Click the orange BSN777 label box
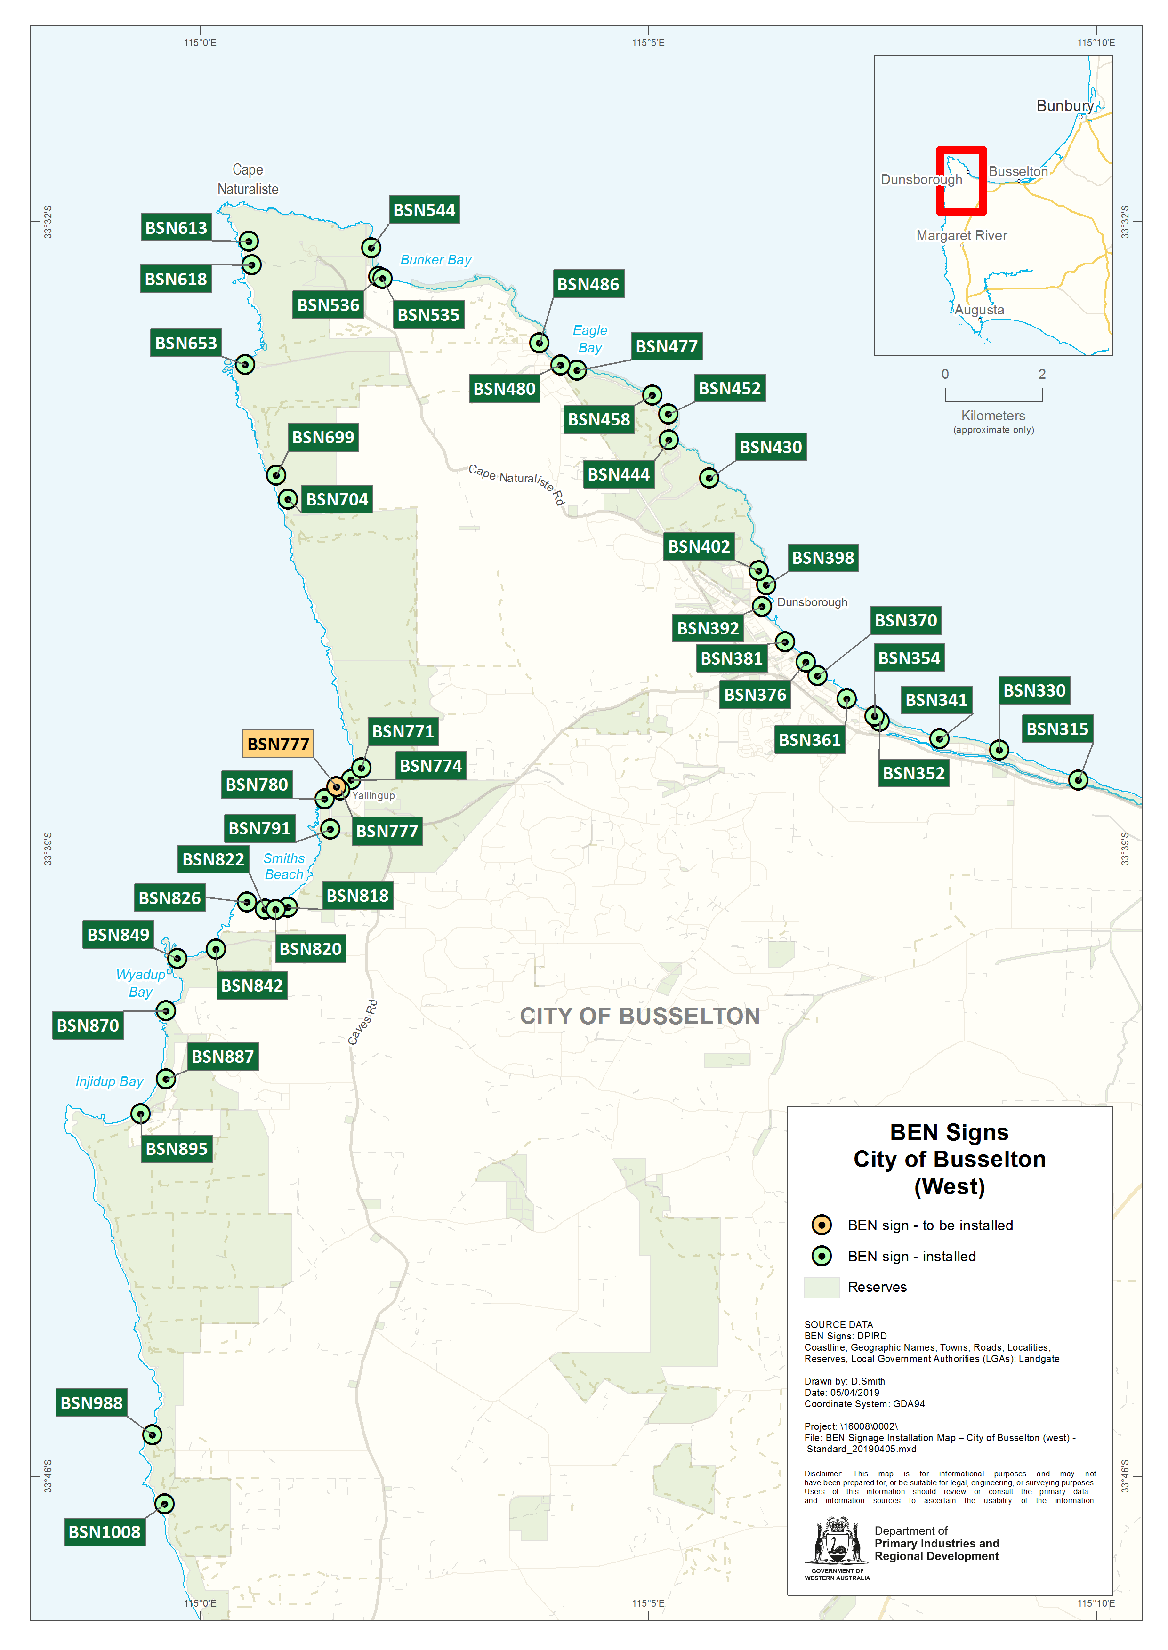pyautogui.click(x=278, y=744)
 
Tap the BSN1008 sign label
pyautogui.click(x=105, y=1531)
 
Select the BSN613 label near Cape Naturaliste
pyautogui.click(x=176, y=227)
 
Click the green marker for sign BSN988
pyautogui.click(x=152, y=1434)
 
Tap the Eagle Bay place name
pyautogui.click(x=590, y=339)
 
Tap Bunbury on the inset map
pyautogui.click(x=1064, y=106)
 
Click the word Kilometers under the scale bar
pyautogui.click(x=993, y=416)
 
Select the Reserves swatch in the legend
pyautogui.click(x=822, y=1287)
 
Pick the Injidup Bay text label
pyautogui.click(x=109, y=1081)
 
